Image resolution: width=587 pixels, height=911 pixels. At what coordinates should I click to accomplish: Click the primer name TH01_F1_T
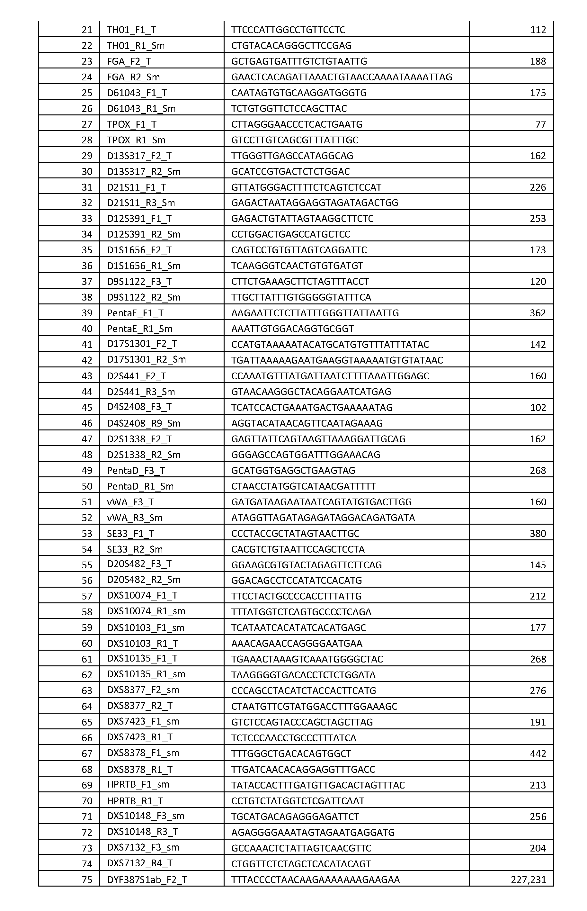131,30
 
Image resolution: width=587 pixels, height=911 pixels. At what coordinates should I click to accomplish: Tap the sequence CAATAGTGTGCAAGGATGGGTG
299,93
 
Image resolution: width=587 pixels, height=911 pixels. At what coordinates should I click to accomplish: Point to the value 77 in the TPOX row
540,125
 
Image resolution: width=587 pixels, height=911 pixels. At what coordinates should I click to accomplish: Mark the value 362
538,313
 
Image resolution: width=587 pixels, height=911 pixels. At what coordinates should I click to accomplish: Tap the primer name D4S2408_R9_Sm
143,424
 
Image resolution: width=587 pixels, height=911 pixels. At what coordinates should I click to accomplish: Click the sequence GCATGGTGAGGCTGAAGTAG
293,471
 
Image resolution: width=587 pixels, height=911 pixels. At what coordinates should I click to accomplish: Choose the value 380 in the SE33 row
538,534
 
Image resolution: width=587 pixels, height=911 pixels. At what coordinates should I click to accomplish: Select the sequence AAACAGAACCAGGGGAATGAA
297,644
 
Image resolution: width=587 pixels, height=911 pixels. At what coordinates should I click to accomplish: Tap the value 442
538,754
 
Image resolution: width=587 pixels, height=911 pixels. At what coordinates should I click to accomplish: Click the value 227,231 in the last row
528,880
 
